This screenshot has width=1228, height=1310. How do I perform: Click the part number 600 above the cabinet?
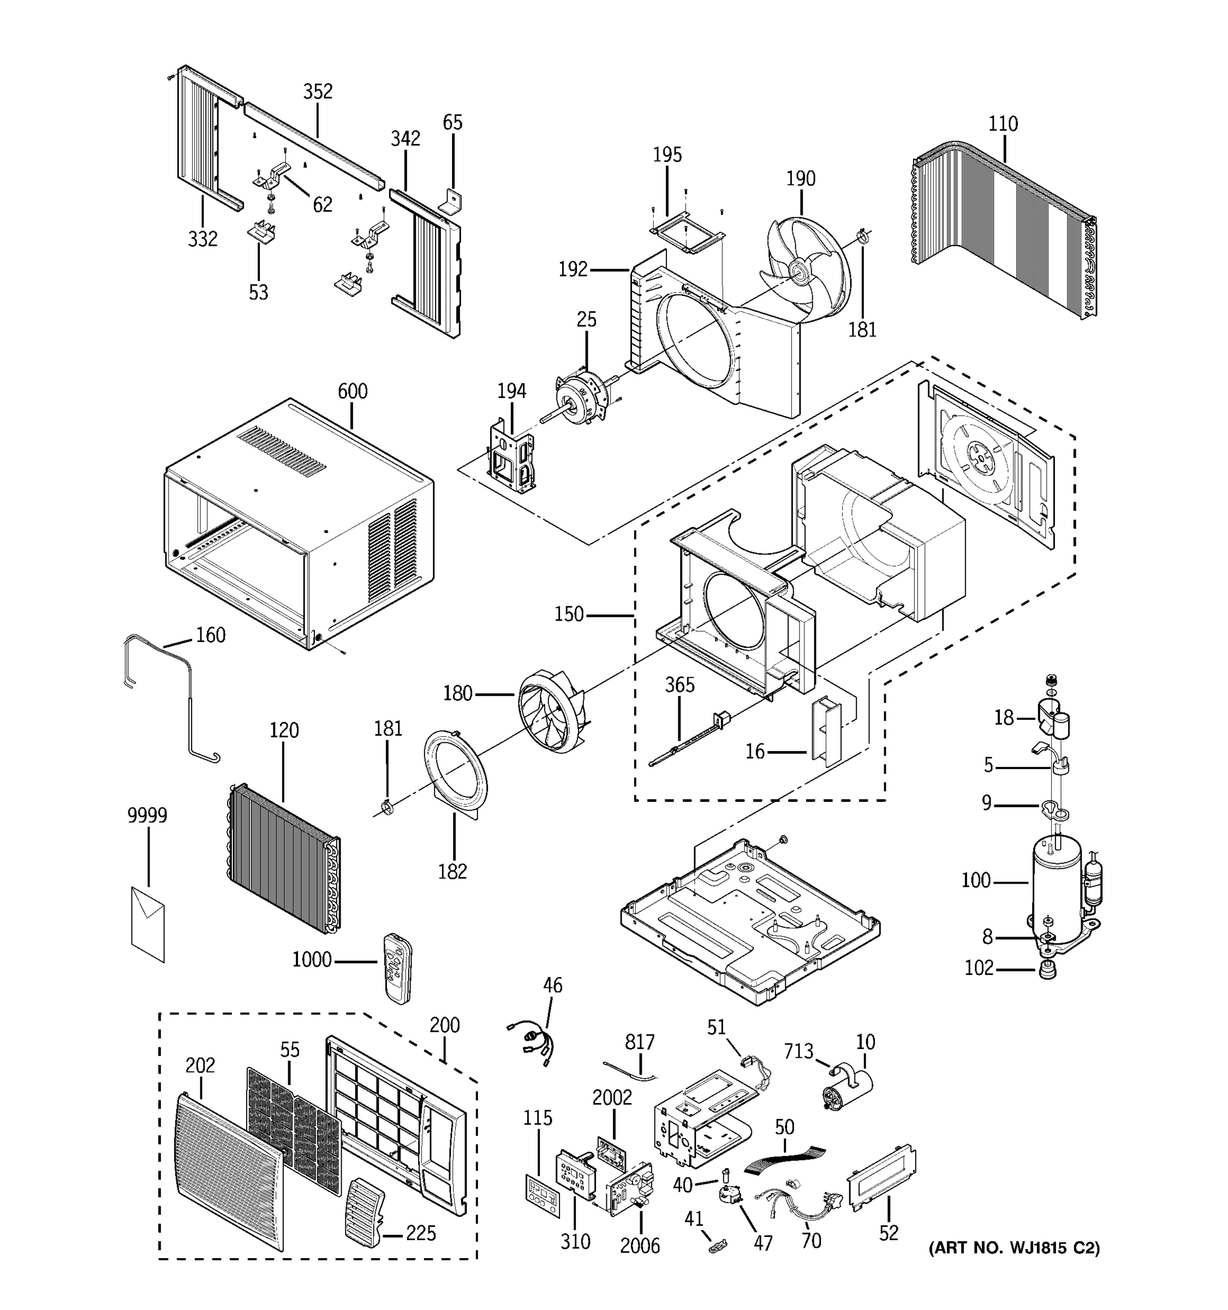pos(353,391)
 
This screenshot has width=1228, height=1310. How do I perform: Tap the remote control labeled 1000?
pos(397,968)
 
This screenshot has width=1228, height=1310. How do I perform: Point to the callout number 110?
pos(1003,124)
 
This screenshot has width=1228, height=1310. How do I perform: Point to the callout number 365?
pos(679,686)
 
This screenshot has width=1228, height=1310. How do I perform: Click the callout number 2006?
pos(640,1246)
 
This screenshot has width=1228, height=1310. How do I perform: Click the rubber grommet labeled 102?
pos(1047,970)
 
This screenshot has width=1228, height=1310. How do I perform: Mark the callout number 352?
pos(318,92)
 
